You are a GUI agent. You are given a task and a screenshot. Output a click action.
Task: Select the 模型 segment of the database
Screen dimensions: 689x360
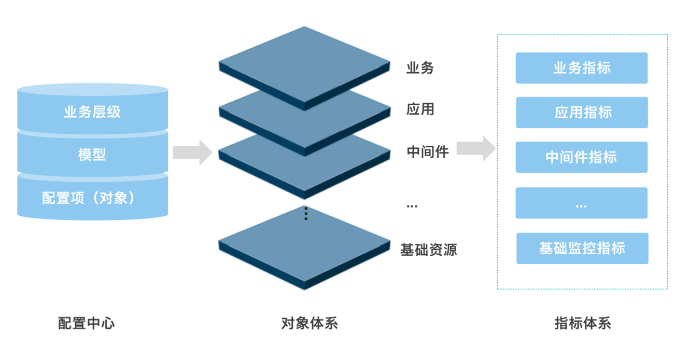[x=93, y=154]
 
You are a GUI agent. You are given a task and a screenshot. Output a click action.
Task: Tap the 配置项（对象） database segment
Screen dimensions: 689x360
[x=93, y=198]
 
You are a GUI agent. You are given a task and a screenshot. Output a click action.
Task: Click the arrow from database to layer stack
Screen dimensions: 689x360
[x=192, y=153]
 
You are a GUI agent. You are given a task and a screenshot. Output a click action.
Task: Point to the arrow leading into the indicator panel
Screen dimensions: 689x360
[x=476, y=148]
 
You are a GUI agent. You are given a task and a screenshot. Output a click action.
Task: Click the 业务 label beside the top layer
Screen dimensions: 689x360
[x=420, y=67]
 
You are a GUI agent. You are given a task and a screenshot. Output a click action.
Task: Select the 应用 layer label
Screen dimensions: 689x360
[x=420, y=109]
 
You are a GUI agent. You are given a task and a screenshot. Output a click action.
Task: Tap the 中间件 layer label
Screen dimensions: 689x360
[x=428, y=152]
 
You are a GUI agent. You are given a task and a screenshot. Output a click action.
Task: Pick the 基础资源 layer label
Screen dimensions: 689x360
[x=428, y=250]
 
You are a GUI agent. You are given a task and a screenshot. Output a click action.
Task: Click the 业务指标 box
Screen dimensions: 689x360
[x=582, y=68]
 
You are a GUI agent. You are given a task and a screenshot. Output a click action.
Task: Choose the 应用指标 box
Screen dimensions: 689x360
[x=582, y=113]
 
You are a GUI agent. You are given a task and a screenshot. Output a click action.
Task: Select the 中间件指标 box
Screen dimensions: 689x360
[x=582, y=157]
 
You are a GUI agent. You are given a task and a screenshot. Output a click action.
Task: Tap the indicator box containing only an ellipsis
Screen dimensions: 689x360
[x=582, y=203]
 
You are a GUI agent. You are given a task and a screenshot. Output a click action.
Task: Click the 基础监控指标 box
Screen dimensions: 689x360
[x=582, y=248]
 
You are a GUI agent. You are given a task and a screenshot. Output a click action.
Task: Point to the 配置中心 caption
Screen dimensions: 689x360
[x=87, y=323]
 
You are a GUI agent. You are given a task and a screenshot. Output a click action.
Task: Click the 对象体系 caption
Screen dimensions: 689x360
[x=310, y=323]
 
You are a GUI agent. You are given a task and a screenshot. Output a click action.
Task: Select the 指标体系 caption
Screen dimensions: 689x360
[x=583, y=323]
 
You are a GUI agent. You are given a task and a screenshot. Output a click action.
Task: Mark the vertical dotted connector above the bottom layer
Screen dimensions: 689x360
[x=306, y=214]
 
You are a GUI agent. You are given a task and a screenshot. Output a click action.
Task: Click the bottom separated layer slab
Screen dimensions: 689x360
[x=304, y=247]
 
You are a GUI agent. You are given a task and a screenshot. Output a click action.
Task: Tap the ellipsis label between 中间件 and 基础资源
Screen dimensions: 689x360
[x=412, y=206]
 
